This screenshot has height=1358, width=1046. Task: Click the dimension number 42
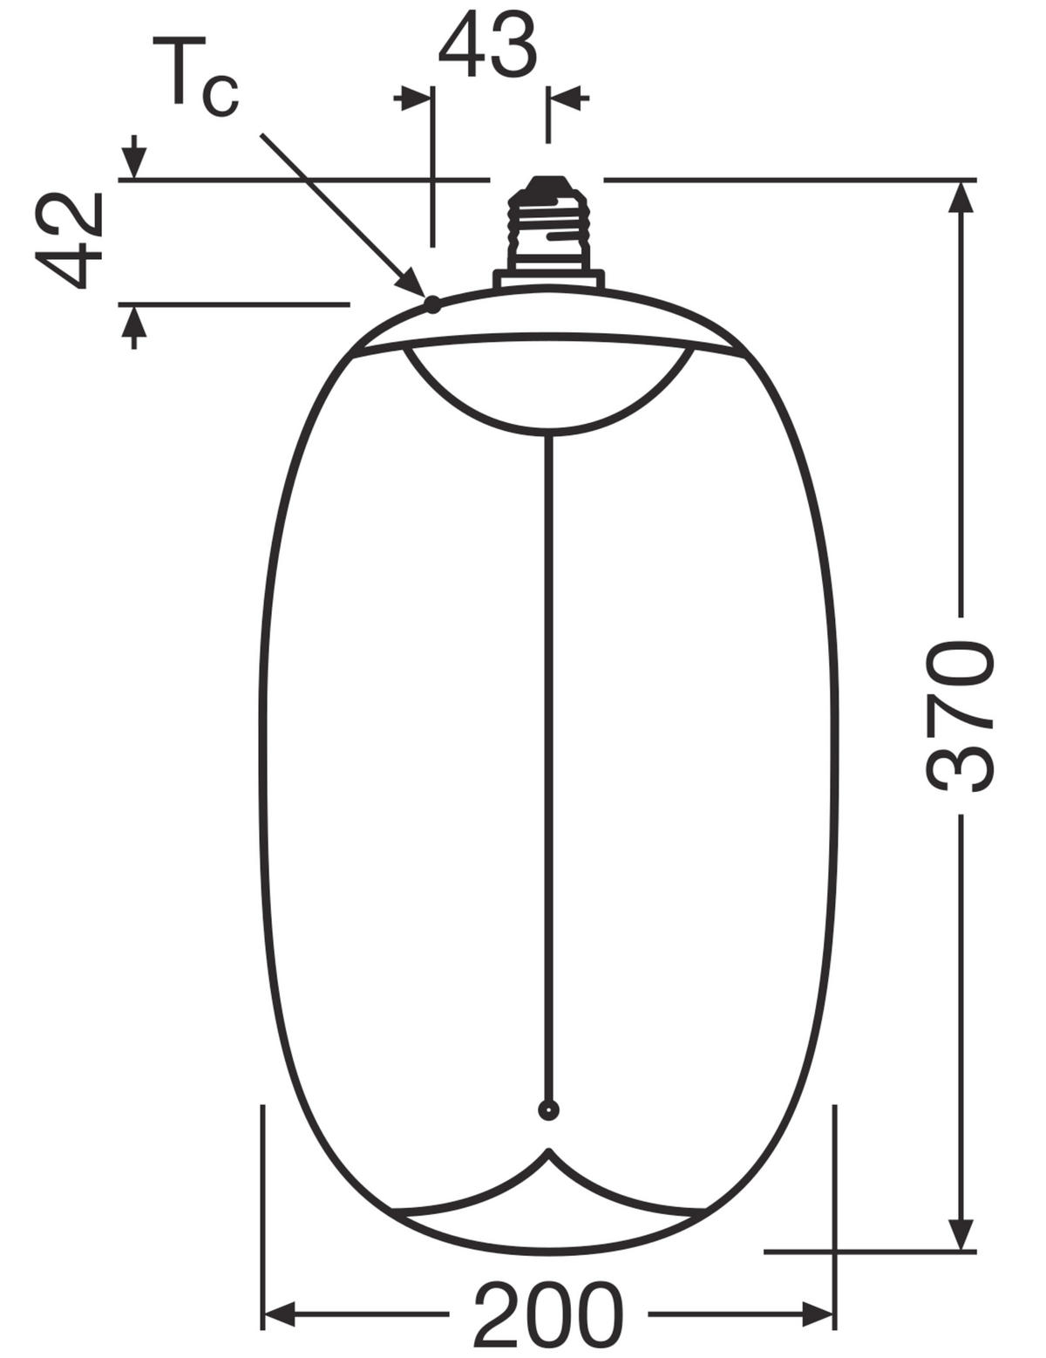click(69, 241)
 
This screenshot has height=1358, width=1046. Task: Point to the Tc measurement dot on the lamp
click(432, 304)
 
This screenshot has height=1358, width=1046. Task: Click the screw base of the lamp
click(548, 225)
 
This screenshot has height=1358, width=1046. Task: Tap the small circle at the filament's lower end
click(548, 1110)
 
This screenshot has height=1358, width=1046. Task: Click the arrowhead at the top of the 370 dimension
click(961, 197)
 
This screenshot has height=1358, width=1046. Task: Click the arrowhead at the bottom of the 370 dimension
click(961, 1233)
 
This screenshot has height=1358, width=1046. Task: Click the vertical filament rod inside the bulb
click(548, 741)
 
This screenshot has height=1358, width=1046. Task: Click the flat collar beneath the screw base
click(548, 279)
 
